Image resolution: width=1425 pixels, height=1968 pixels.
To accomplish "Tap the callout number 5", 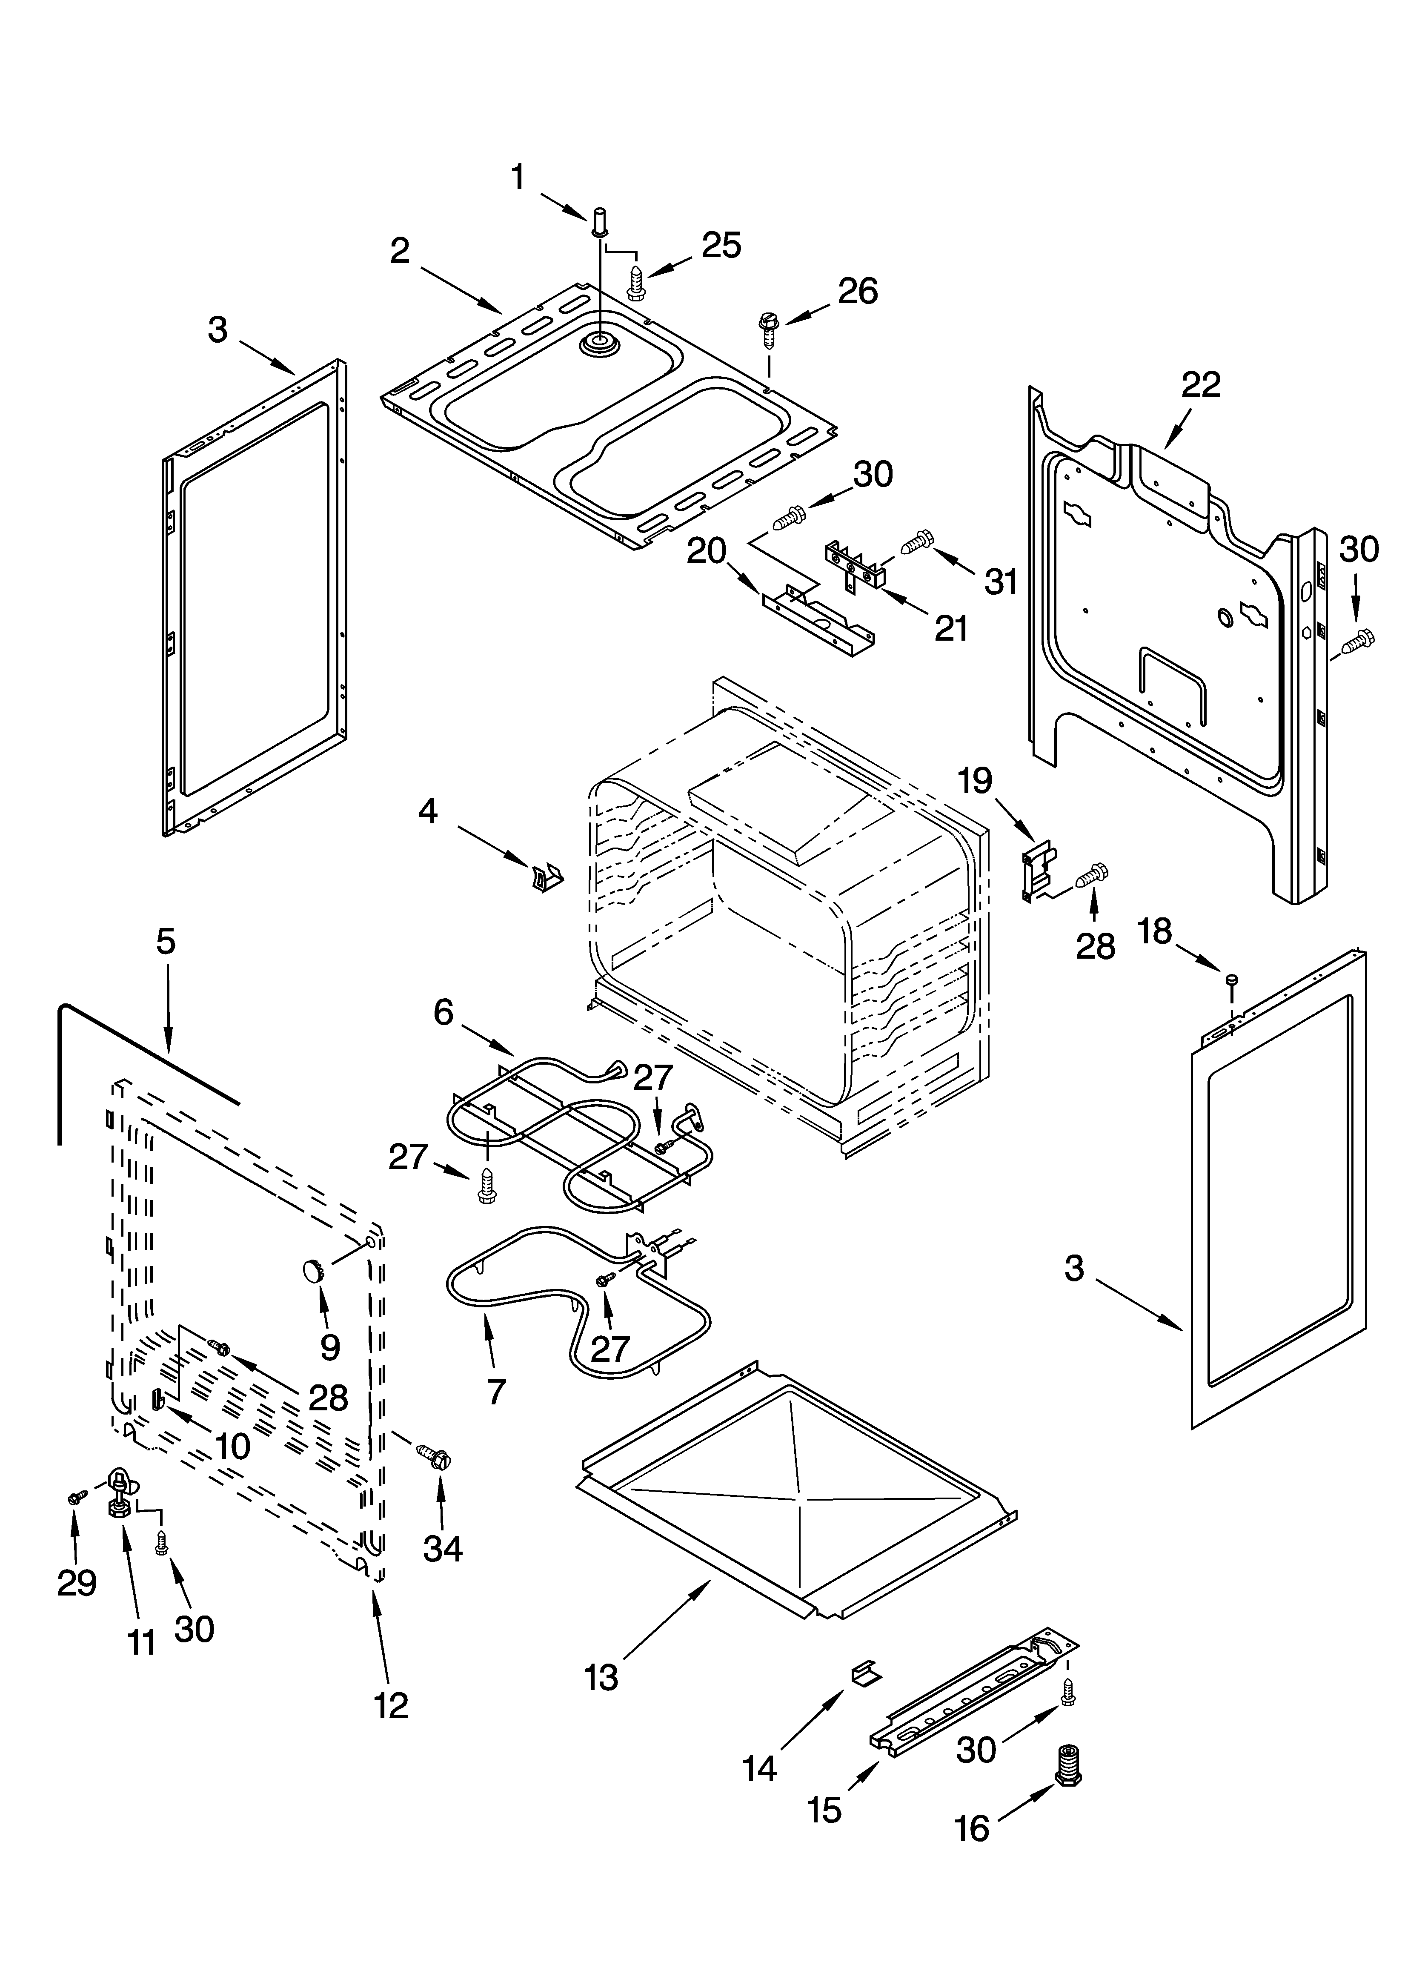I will pyautogui.click(x=165, y=942).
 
